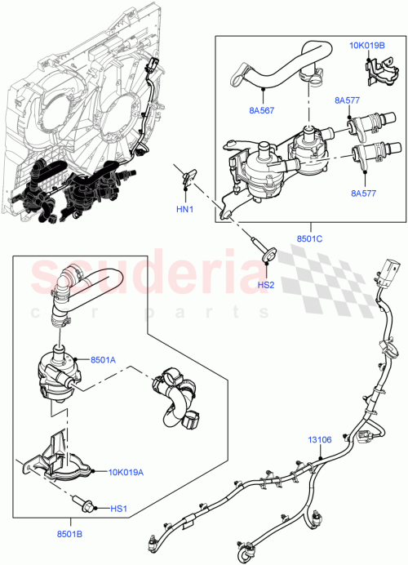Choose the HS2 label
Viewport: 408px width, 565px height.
(x=265, y=285)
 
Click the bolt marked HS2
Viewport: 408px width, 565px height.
(x=265, y=254)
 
